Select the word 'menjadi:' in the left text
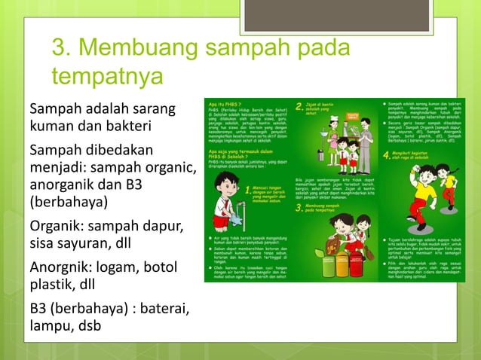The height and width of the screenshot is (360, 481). [x=58, y=164]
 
